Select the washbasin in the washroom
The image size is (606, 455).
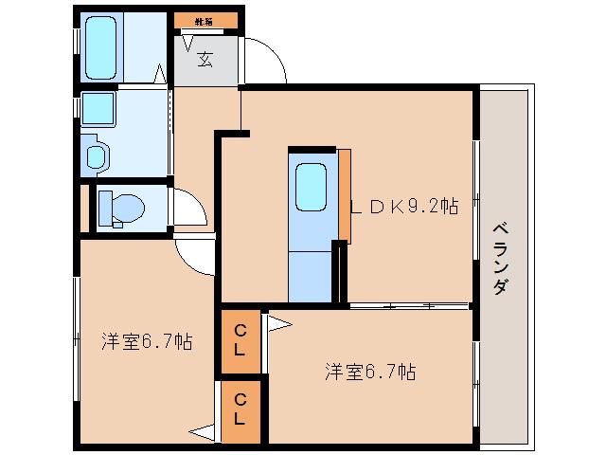(x=95, y=155)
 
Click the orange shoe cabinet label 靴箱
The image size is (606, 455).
(x=203, y=19)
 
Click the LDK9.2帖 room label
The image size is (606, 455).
(x=404, y=206)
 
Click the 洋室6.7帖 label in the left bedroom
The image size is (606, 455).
(x=148, y=341)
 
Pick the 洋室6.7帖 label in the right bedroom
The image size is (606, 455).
(x=368, y=372)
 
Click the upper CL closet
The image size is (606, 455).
(x=241, y=338)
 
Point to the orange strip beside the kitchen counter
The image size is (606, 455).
(x=345, y=194)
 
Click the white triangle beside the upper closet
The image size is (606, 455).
(x=277, y=324)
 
